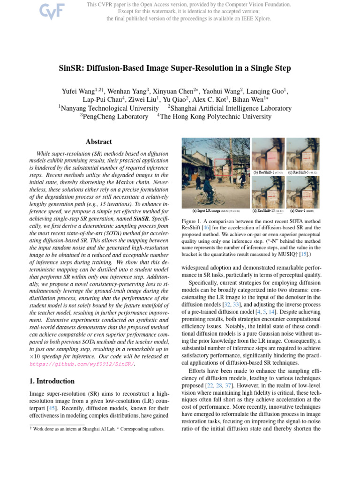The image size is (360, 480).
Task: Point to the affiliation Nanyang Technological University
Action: [109, 108]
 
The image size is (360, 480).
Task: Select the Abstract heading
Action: [99, 142]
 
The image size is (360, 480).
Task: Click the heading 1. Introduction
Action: [49, 381]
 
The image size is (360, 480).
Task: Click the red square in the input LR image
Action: [223, 167]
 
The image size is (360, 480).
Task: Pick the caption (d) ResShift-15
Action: [265, 211]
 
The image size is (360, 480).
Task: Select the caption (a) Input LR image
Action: [208, 211]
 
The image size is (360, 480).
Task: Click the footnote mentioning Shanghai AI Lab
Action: [94, 429]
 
